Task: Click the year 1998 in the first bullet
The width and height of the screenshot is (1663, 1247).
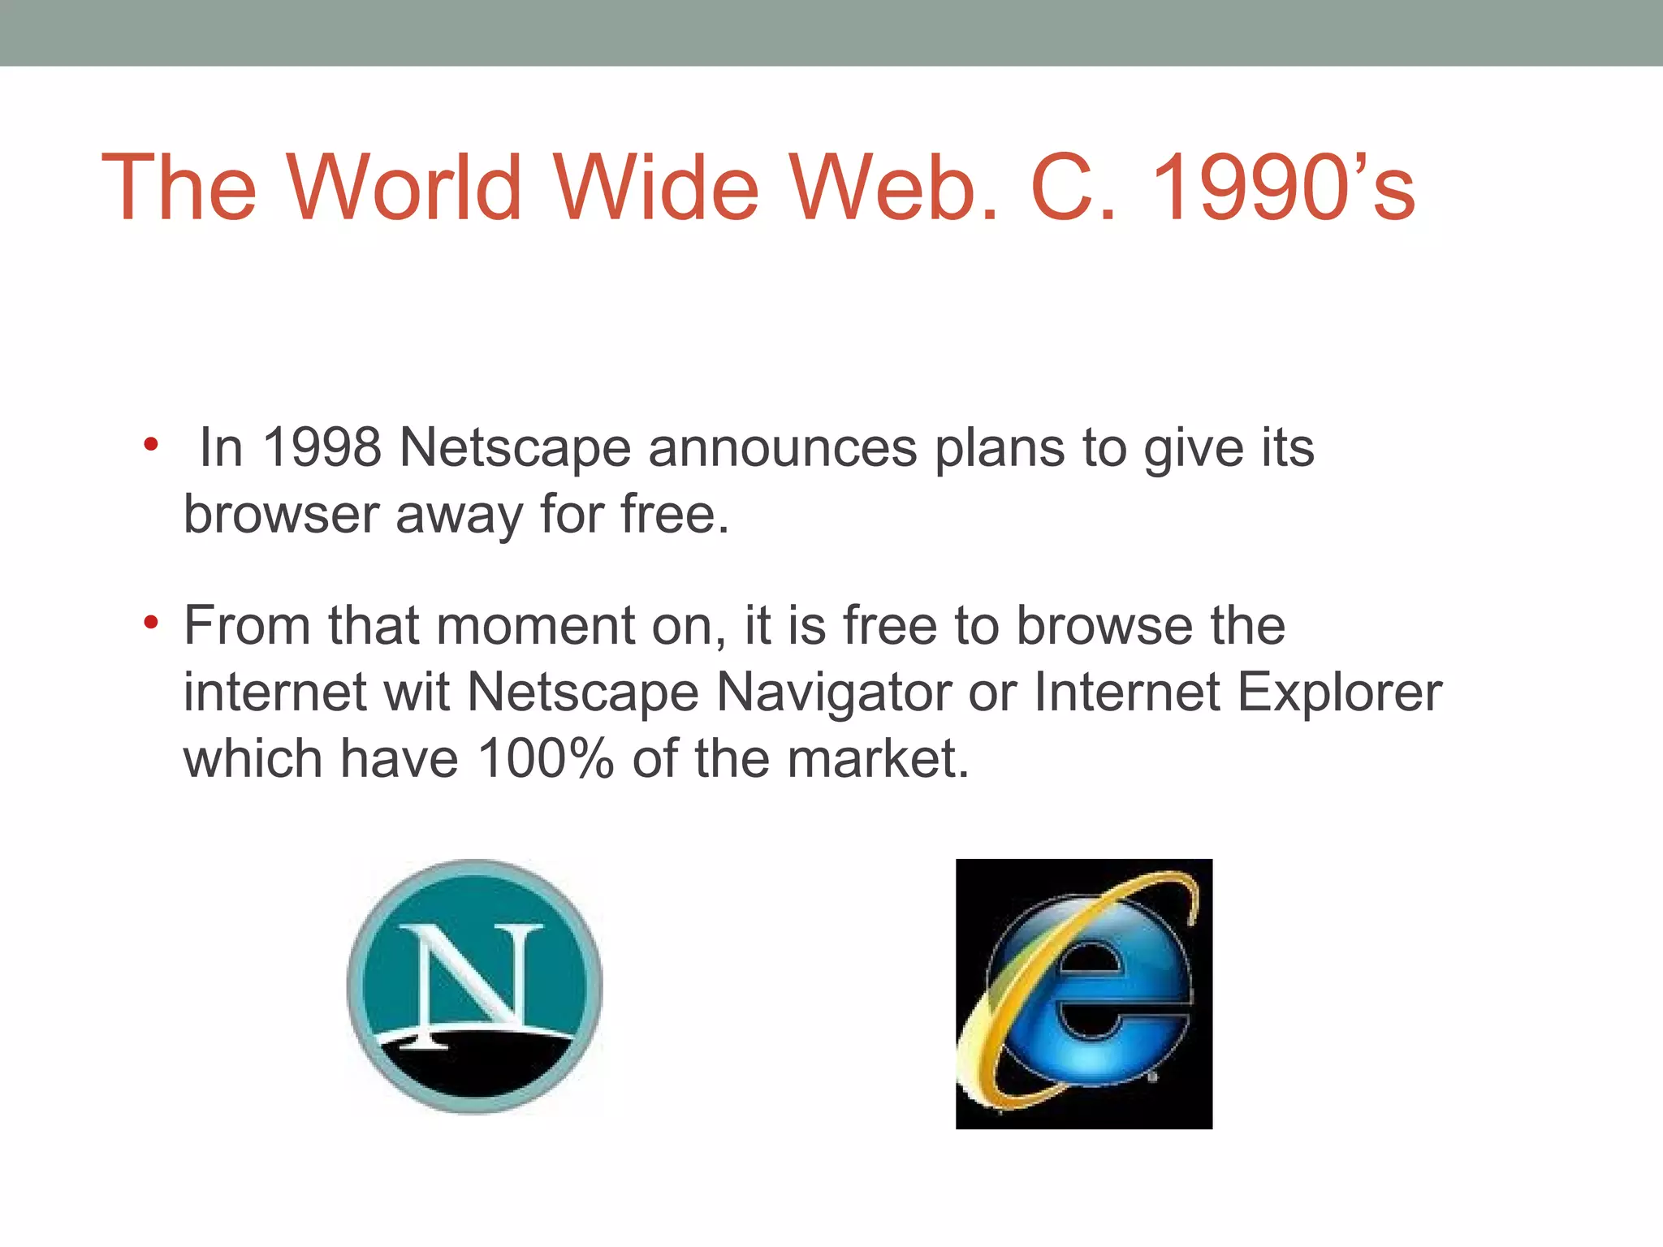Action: pyautogui.click(x=322, y=447)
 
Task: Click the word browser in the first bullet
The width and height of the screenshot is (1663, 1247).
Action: pyautogui.click(x=280, y=514)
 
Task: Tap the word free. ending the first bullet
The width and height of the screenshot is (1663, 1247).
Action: pyautogui.click(x=675, y=514)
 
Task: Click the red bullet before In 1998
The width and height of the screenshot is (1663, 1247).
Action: pyautogui.click(x=150, y=444)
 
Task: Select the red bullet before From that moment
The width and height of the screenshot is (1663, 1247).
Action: pyautogui.click(x=150, y=623)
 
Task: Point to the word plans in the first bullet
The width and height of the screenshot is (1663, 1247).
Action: pyautogui.click(x=1000, y=447)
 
